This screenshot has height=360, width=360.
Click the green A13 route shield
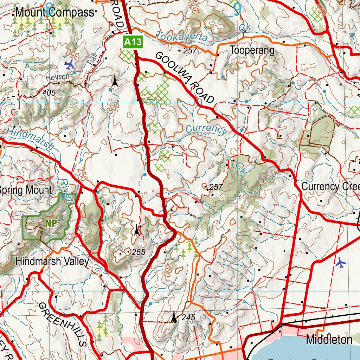pos(133,43)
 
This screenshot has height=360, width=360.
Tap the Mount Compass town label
pos(55,13)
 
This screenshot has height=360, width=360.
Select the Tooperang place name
pos(252,50)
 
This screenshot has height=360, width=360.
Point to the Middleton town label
pos(329,340)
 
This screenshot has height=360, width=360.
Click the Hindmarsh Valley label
pos(52,262)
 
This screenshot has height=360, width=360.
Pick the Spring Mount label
pos(25,190)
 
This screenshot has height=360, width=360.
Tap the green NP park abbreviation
pos(51,223)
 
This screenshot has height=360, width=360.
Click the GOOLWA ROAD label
pos(184,78)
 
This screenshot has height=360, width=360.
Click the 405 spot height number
pos(49,93)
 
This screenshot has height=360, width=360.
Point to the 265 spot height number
pos(138,252)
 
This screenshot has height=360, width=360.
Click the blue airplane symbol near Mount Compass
pos(70,65)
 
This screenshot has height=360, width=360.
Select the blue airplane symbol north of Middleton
pos(340,263)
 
